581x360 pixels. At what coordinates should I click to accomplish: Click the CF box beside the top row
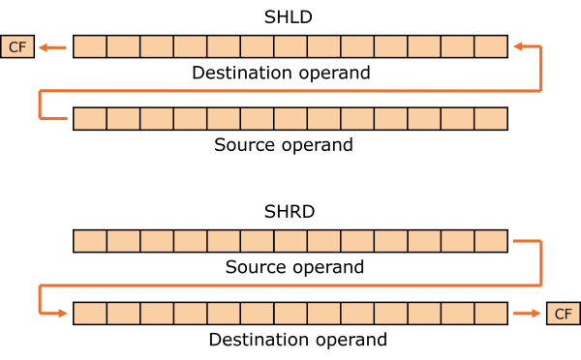coord(17,46)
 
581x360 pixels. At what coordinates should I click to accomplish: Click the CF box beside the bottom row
coord(564,314)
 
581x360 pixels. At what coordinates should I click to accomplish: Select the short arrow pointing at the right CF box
coord(528,314)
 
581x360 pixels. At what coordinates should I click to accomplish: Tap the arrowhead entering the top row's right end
coord(517,46)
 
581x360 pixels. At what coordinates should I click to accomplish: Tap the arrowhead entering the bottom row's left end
coord(63,314)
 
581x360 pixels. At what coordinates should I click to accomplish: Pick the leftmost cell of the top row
coord(90,46)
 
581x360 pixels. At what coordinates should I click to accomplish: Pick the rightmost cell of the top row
coord(491,46)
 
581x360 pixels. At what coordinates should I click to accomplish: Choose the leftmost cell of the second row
coord(90,118)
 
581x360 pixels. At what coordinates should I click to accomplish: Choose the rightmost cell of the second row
coord(491,118)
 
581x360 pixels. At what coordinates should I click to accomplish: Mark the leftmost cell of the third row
coord(90,241)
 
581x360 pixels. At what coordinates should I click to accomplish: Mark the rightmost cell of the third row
coord(491,241)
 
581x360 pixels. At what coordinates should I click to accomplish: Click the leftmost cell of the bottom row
coord(90,314)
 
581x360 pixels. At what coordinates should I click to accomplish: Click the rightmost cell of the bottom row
coord(491,314)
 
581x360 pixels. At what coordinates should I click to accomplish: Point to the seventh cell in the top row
coord(290,46)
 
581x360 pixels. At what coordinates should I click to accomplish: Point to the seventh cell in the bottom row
coord(290,314)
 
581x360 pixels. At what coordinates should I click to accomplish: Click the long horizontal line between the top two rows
coord(290,91)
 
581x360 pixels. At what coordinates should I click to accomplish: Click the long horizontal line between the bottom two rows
coord(290,285)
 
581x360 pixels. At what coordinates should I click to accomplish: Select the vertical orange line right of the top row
coord(541,68)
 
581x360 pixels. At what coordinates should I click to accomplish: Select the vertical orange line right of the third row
coord(541,263)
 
